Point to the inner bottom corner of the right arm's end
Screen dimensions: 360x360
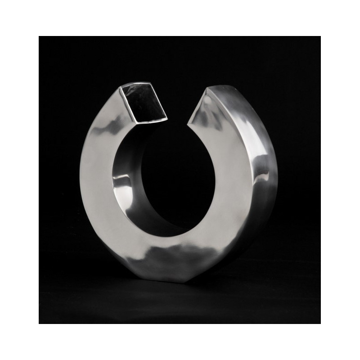coord(191,118)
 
